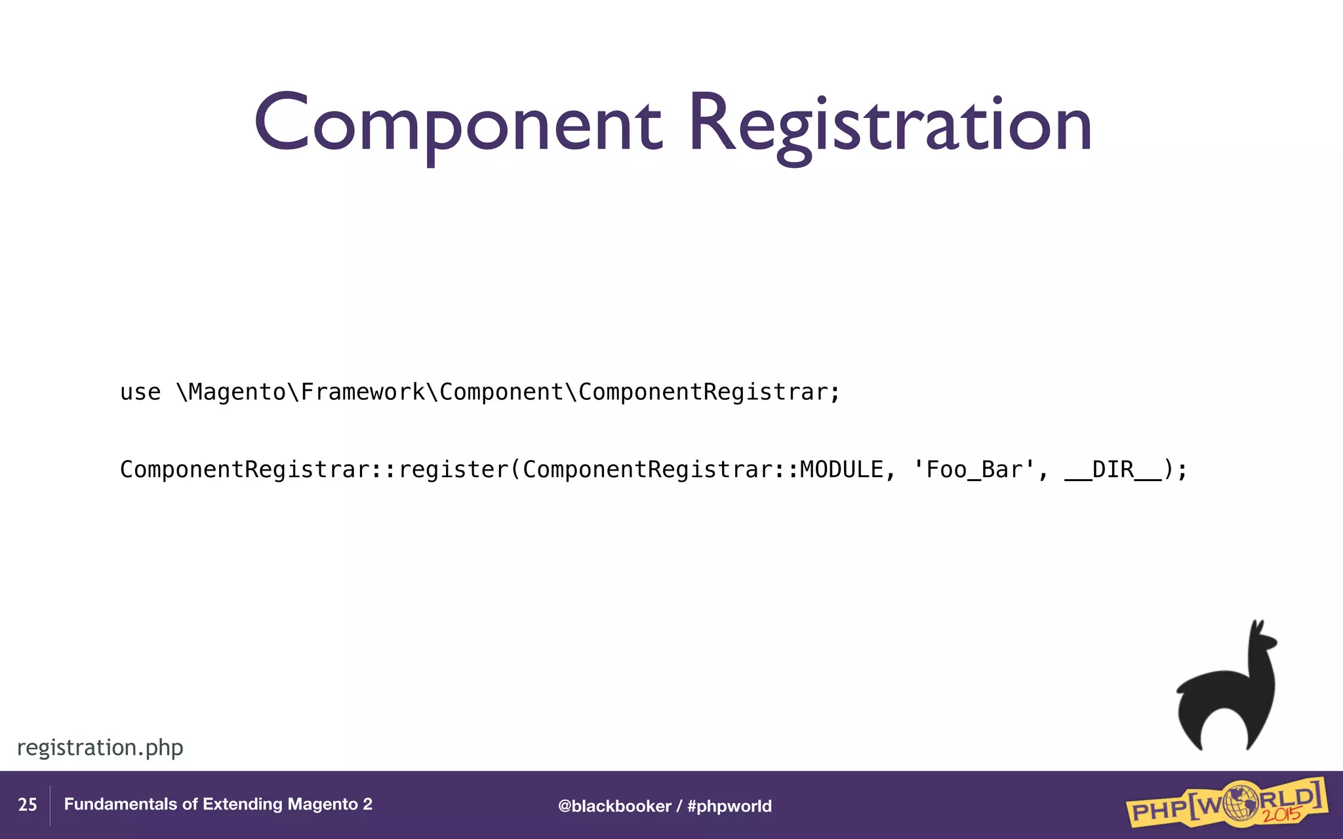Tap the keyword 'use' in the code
tap(140, 392)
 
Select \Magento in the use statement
tap(231, 392)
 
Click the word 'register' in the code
tap(453, 469)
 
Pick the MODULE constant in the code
tap(841, 469)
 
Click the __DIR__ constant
tap(1113, 469)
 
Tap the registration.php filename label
tap(100, 747)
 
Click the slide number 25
tap(27, 805)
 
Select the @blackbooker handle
tap(614, 806)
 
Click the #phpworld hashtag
tap(729, 806)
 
